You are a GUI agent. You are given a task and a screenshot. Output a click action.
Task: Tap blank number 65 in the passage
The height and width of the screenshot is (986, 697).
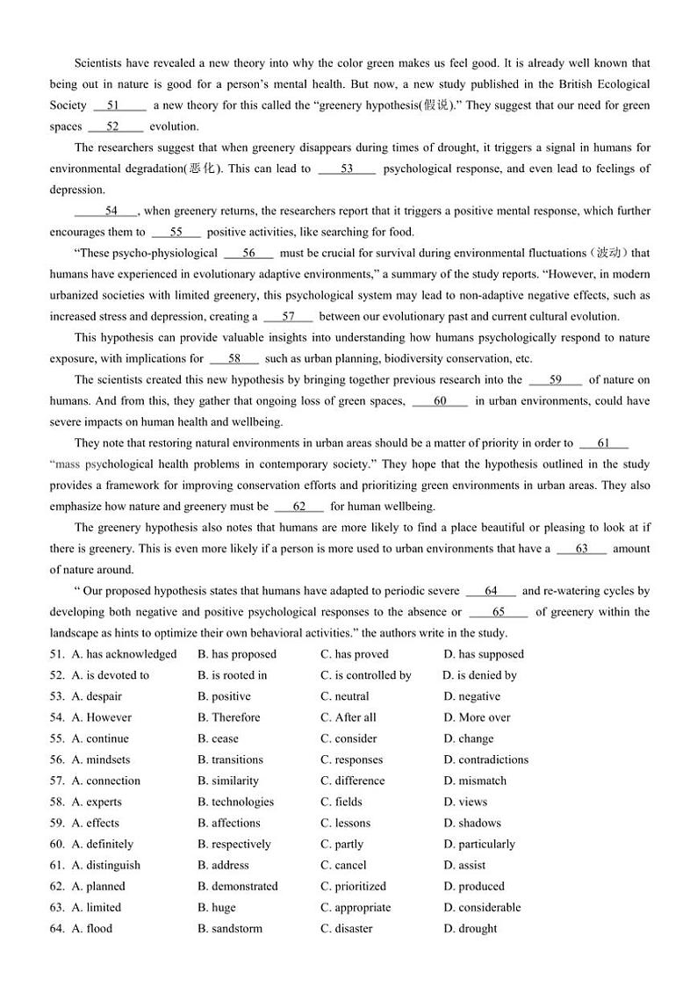pyautogui.click(x=498, y=612)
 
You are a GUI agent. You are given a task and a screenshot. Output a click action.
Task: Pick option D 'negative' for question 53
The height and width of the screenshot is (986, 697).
pyautogui.click(x=471, y=696)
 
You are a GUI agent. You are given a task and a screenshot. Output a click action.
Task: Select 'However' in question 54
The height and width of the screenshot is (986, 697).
pyautogui.click(x=102, y=717)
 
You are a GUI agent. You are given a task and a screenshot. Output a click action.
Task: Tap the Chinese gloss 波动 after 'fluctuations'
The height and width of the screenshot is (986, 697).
pyautogui.click(x=610, y=253)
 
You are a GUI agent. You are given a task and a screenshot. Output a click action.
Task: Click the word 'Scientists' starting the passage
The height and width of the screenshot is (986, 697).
pyautogui.click(x=101, y=63)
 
